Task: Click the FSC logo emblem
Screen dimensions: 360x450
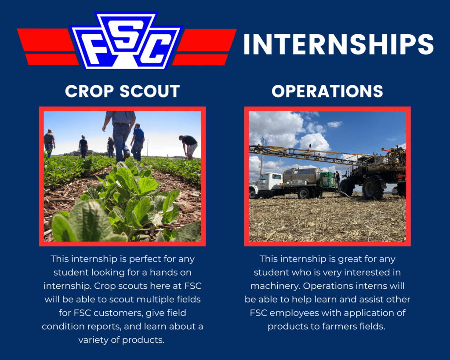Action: [126, 41]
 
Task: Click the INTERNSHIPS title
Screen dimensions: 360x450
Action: [338, 44]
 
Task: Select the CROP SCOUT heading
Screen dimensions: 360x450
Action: [122, 91]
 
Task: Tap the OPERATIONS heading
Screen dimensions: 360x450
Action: [327, 91]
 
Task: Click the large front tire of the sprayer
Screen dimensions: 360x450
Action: [374, 188]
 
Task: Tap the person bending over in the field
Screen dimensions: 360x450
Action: [189, 145]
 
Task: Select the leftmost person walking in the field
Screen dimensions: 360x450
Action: [49, 142]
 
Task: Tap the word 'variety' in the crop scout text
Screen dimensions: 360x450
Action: [94, 340]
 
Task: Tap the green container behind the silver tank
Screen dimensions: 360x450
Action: [327, 178]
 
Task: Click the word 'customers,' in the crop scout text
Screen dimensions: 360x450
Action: [113, 313]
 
